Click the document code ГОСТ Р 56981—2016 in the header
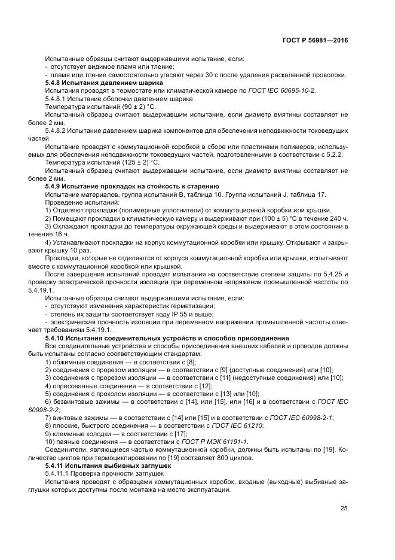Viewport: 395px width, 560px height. (x=315, y=39)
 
